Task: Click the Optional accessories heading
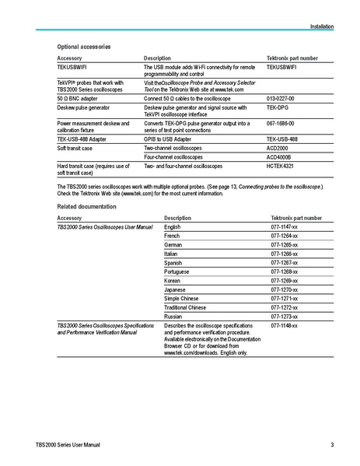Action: point(84,47)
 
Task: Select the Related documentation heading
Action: point(87,207)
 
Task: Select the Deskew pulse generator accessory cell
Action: point(84,108)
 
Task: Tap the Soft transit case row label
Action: point(75,147)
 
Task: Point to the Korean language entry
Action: point(173,280)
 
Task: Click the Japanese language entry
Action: point(176,289)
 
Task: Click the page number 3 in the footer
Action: point(332,445)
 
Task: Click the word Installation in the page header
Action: point(321,26)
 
